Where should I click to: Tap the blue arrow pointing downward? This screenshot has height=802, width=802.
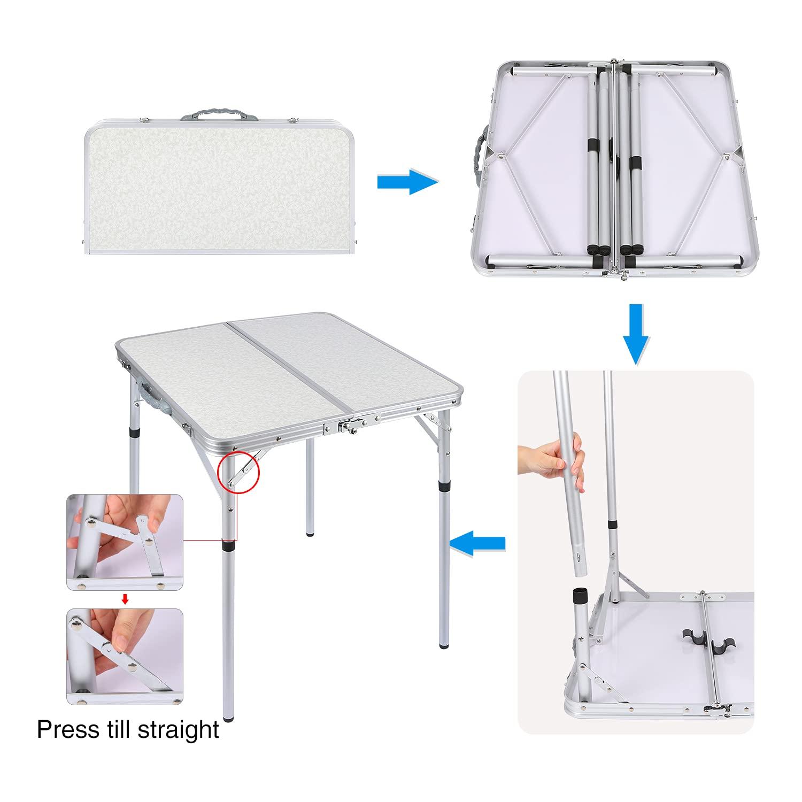(636, 334)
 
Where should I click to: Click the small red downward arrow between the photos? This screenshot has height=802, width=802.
(125, 599)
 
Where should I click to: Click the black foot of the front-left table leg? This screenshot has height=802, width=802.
(229, 716)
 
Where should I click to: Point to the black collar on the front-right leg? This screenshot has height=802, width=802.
(444, 487)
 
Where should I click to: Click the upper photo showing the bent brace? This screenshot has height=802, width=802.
(125, 542)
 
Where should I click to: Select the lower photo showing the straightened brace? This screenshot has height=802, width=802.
(125, 657)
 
